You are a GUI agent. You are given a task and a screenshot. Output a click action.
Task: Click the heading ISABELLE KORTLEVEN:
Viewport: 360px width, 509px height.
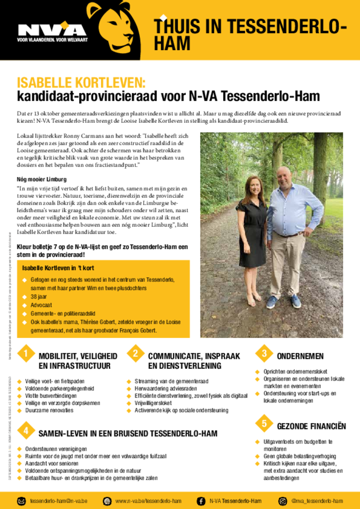click(81, 83)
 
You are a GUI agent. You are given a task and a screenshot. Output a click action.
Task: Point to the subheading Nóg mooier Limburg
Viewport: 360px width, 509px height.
click(42, 179)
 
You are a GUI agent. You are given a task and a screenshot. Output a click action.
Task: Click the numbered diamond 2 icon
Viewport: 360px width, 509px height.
click(135, 354)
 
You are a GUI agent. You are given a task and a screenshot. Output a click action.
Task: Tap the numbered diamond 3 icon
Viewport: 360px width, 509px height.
click(265, 353)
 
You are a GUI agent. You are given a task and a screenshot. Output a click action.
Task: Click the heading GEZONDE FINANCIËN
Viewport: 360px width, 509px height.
click(311, 426)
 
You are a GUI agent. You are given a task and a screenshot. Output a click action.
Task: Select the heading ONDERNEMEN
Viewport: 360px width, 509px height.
click(300, 356)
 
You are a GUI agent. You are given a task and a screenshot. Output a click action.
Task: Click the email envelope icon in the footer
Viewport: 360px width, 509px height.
click(22, 501)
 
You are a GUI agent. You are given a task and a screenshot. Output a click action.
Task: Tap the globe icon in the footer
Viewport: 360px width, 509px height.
click(107, 501)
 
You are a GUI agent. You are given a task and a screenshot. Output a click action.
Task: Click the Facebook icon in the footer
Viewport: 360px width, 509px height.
click(201, 501)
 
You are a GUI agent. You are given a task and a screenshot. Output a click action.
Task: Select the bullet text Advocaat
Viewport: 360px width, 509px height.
click(41, 305)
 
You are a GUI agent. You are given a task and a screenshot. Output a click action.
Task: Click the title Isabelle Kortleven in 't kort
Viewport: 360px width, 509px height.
click(58, 268)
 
